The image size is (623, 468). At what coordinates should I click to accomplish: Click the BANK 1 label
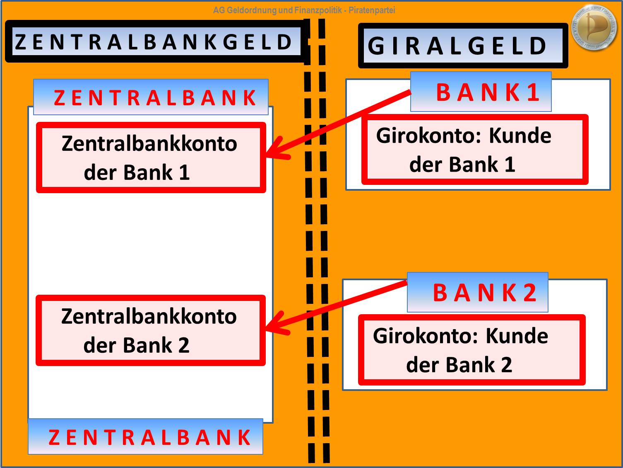point(481,92)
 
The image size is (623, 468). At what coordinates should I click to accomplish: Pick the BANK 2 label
point(478,293)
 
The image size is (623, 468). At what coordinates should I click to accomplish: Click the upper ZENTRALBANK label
point(151,98)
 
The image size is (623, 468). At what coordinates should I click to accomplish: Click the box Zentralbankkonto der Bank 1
point(151,158)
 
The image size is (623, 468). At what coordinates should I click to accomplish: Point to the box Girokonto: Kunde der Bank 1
point(475,150)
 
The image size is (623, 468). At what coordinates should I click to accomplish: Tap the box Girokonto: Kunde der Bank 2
point(471,350)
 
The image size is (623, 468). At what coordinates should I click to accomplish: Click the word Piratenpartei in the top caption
point(372,10)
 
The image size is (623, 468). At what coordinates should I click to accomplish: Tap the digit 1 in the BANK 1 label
point(533,92)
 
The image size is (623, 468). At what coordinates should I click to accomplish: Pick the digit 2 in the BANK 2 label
point(530,293)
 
